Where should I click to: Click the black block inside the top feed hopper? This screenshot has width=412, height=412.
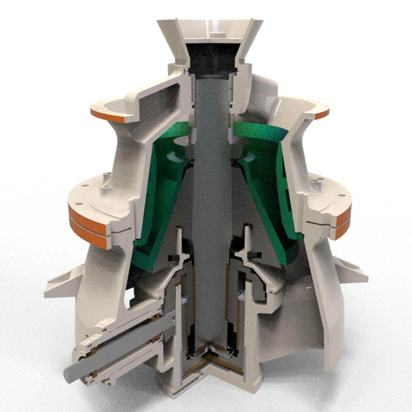[213, 58]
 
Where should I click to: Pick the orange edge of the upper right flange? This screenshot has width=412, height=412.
[322, 114]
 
